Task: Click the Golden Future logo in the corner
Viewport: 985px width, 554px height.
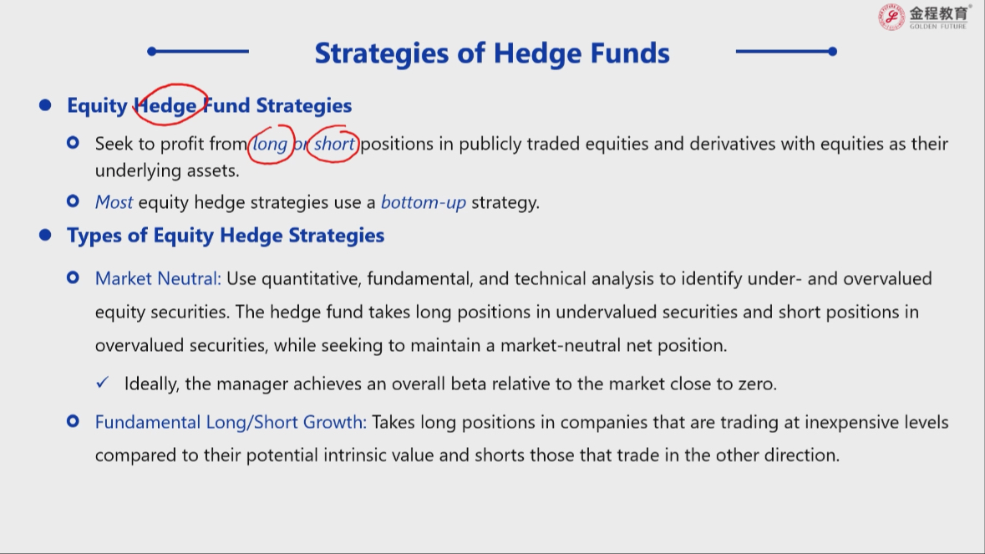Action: click(923, 17)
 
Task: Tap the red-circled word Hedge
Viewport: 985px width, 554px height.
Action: click(166, 105)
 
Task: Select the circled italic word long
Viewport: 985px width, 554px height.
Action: click(270, 145)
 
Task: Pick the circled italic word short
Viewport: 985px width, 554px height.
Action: click(334, 144)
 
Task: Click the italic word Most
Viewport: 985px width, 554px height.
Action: click(114, 202)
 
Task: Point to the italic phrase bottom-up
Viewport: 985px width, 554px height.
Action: click(424, 202)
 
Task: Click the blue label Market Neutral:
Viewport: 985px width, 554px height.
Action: click(158, 278)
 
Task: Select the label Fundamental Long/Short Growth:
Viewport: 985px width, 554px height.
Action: click(231, 422)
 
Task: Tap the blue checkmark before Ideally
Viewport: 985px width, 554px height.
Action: click(103, 383)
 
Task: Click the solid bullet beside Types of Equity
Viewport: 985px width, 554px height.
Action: click(44, 235)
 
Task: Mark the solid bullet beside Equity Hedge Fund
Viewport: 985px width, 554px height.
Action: click(44, 105)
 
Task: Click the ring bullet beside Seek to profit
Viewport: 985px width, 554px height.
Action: click(73, 143)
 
